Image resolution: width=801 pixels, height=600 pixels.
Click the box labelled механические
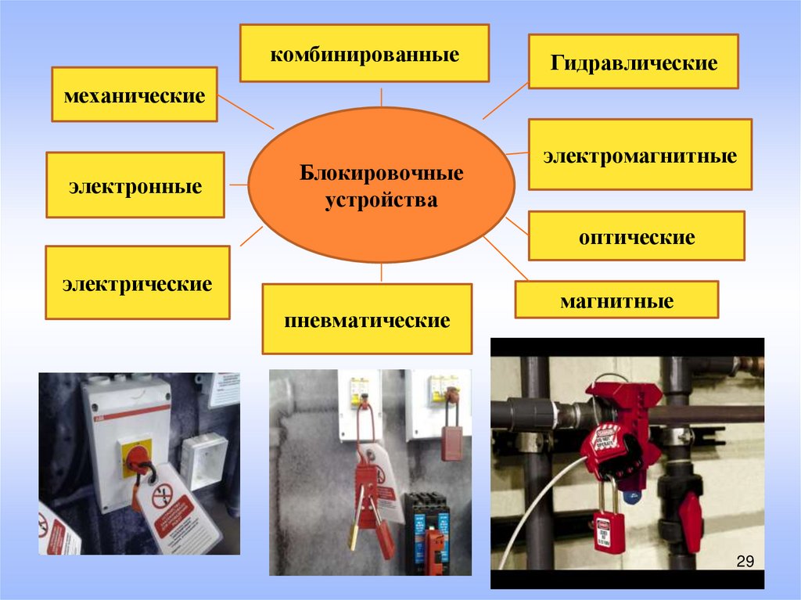[134, 94]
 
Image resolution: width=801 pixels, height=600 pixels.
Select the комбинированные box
[364, 53]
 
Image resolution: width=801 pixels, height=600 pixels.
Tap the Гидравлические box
[634, 61]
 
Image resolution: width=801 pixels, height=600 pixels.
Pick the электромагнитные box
[640, 154]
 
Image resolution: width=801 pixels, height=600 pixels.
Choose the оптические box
[636, 235]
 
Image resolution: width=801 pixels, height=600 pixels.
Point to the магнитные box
[616, 300]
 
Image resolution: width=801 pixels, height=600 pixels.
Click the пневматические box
[367, 319]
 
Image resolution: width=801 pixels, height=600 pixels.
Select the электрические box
[137, 282]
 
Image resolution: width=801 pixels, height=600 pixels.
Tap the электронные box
[135, 185]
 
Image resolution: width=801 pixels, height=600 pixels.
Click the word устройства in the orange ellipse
[382, 200]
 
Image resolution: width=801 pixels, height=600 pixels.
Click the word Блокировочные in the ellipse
[382, 172]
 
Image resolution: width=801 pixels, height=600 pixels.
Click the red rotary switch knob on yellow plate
[138, 457]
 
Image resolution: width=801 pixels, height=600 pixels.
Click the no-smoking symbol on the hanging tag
[161, 494]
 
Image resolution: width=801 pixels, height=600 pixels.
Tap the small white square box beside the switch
[203, 462]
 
